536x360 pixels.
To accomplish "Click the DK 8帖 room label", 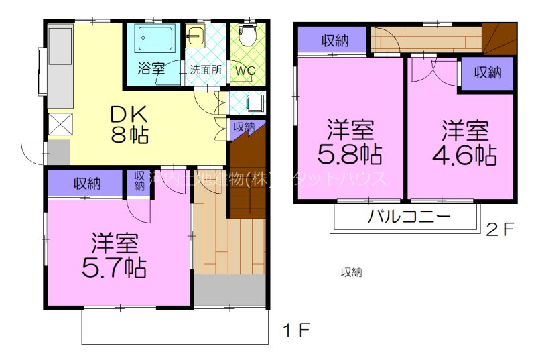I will [x=130, y=125].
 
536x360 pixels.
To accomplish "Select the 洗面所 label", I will [x=205, y=69].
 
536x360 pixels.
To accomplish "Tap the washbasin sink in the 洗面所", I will [x=196, y=36].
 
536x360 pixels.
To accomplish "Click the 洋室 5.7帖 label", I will [x=114, y=255].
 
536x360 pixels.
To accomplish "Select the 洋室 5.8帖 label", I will [x=350, y=142].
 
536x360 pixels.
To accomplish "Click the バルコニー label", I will [x=409, y=217].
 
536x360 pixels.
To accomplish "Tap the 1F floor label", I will [x=296, y=330].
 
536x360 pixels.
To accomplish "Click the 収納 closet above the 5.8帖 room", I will [x=333, y=40].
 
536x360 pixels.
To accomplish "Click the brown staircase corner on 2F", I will [x=500, y=38].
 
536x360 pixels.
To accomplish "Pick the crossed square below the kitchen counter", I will [x=58, y=124].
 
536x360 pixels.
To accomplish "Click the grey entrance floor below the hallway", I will [x=230, y=290].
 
